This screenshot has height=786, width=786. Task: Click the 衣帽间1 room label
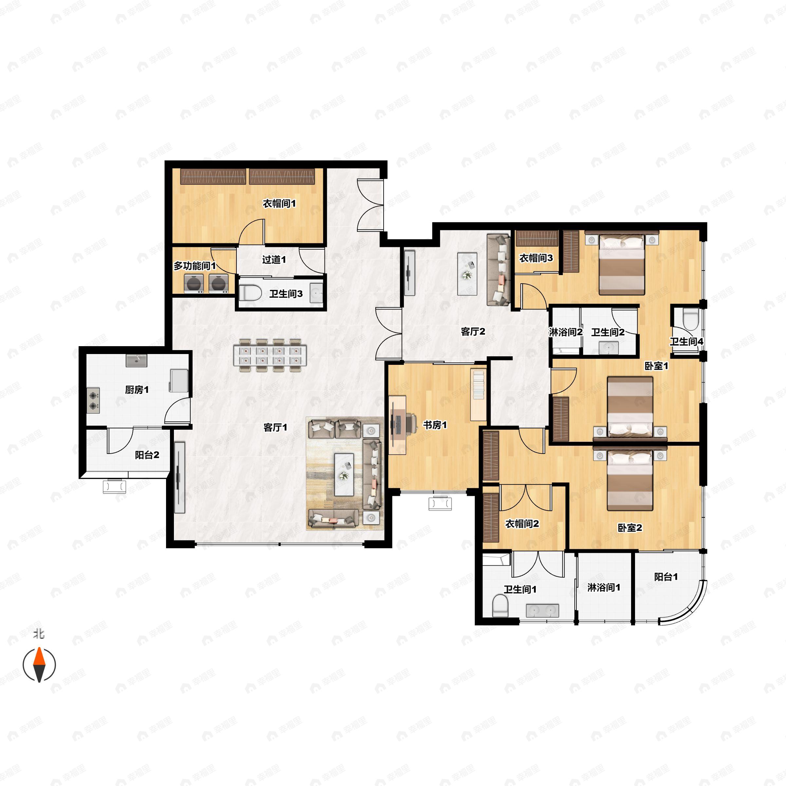tap(279, 203)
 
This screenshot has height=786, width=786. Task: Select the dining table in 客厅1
tap(271, 355)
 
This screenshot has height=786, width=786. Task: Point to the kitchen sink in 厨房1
tap(136, 361)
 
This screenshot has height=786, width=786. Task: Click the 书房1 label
tap(435, 425)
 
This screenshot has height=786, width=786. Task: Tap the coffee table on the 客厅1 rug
tap(344, 474)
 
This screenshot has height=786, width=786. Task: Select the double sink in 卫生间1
tap(542, 610)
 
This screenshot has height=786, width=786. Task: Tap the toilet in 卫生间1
tap(499, 606)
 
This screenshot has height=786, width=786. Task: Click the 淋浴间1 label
tap(604, 588)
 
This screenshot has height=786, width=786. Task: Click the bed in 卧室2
tap(630, 480)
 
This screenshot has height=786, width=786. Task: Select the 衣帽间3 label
tap(536, 258)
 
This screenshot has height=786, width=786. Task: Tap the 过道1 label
tap(274, 260)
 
